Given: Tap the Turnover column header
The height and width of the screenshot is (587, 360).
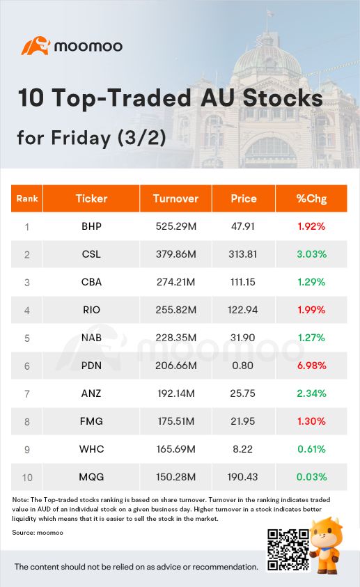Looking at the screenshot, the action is tap(176, 198).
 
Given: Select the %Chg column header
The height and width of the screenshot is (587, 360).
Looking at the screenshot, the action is tap(311, 198).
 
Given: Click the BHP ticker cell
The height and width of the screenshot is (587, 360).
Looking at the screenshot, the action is tap(92, 226).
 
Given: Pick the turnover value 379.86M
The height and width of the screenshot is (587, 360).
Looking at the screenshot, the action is tap(176, 254).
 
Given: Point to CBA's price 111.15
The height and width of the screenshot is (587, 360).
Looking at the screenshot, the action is tap(243, 282).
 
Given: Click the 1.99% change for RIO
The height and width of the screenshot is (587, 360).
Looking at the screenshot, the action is tap(311, 310).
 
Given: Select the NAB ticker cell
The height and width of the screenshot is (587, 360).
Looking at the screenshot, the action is tap(92, 338).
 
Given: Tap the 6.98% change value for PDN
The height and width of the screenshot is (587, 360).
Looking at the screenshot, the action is tap(312, 366).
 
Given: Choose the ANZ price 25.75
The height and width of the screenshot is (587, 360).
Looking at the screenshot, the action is tap(243, 393).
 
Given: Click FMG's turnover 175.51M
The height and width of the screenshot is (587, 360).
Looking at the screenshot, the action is tap(176, 421).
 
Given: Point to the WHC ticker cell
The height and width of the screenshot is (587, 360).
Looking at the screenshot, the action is tap(92, 449).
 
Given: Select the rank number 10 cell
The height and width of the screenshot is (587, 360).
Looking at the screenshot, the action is tap(27, 477).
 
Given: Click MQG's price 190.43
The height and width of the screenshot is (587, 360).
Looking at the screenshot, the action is tap(243, 477).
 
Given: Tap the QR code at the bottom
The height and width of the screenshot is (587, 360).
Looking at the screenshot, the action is tap(288, 549).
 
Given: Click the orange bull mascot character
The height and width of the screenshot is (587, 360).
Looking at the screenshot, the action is tap(326, 545).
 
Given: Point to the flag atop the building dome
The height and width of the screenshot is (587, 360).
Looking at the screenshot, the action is tap(269, 13).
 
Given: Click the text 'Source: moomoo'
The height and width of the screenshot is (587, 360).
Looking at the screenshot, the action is tap(38, 533).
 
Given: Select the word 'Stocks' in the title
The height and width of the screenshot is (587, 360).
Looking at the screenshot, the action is tap(283, 98).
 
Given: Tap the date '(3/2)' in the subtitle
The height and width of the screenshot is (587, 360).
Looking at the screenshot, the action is tap(142, 138).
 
